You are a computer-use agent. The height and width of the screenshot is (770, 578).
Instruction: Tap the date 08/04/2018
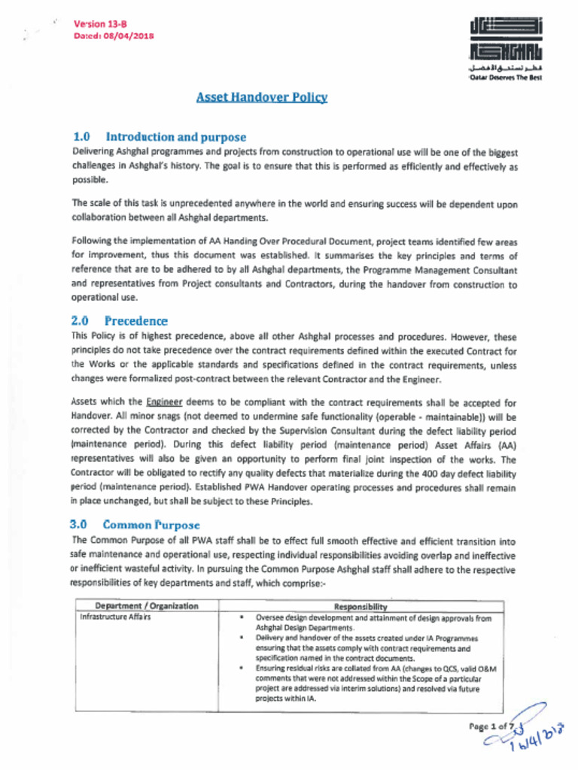[x=129, y=35]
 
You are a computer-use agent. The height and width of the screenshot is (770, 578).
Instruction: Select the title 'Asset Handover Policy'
[x=261, y=97]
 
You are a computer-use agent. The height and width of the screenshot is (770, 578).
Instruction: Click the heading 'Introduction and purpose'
[x=176, y=137]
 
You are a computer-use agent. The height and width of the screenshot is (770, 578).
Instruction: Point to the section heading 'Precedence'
[x=136, y=321]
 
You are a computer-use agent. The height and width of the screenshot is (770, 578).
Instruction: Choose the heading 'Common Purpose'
[x=151, y=524]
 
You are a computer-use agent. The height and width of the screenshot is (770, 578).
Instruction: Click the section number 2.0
[x=81, y=321]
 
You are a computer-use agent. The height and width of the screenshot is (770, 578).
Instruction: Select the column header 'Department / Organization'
[x=147, y=606]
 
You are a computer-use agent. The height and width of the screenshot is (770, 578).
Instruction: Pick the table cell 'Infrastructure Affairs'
[x=115, y=617]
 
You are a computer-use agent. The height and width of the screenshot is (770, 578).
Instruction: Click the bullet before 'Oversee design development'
[x=242, y=617]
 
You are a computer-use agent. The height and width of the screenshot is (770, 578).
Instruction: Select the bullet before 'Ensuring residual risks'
[x=242, y=667]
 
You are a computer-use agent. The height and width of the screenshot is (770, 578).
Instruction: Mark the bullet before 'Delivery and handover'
[x=242, y=638]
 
